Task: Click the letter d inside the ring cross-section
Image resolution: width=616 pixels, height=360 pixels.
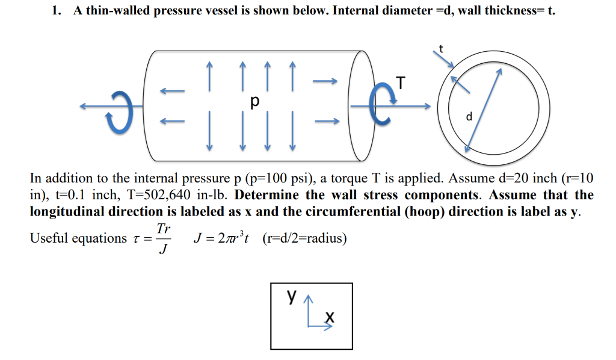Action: point(469,116)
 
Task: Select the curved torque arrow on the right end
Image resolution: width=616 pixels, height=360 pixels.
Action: point(377,106)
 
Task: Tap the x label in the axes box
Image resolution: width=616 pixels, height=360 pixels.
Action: point(328,317)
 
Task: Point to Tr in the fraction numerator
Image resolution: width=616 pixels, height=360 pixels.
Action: point(162,229)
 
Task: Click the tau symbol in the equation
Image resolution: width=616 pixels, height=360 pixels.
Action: point(136,239)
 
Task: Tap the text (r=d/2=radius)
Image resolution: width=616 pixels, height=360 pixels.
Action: point(304,238)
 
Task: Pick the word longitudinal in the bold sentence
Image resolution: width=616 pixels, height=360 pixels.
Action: point(66,213)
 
